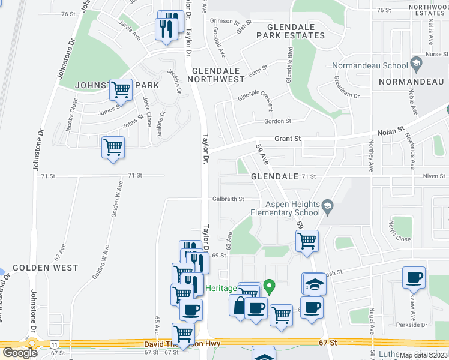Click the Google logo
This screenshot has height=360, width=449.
tap(19, 352)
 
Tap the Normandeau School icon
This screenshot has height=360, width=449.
tap(415, 64)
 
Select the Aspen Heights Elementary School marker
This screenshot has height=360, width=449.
tap(327, 208)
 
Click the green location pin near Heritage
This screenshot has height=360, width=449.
tap(270, 287)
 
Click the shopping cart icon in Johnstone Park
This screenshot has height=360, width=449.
tap(121, 90)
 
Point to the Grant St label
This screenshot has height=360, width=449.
tap(287, 139)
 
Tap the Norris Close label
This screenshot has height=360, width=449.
tap(399, 231)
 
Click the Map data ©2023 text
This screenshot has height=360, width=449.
tap(424, 355)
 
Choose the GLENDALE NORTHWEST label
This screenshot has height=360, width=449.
tap(218, 74)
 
